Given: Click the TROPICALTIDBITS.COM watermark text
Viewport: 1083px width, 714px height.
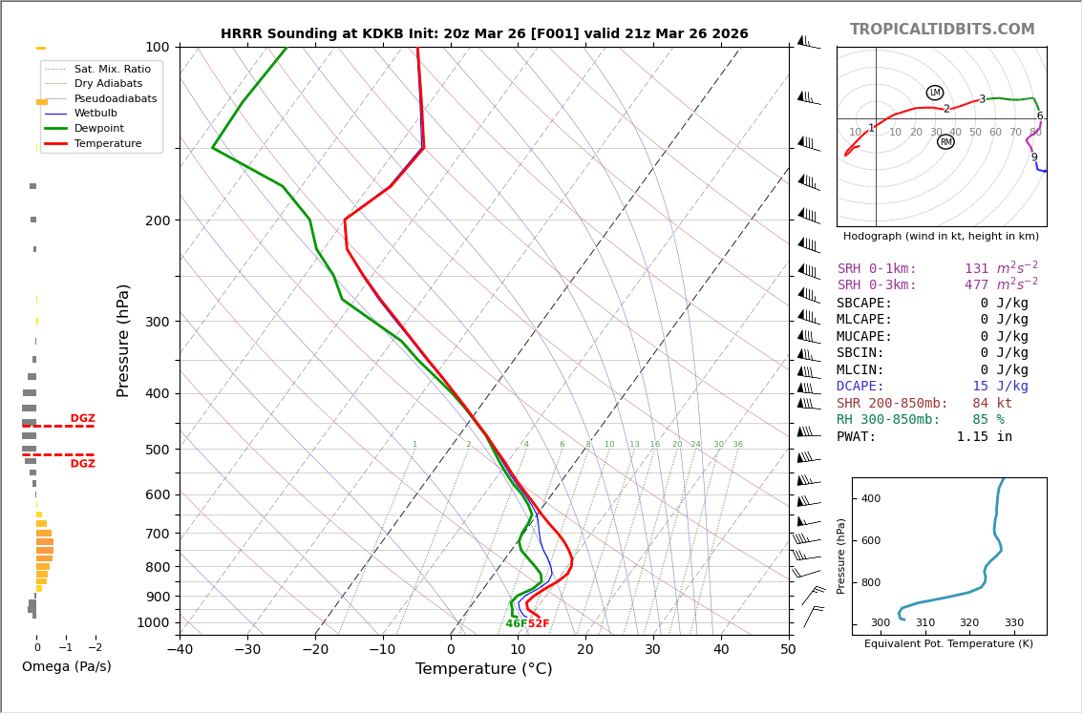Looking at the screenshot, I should point(942,30).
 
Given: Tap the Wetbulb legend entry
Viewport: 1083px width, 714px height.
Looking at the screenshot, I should point(96,114).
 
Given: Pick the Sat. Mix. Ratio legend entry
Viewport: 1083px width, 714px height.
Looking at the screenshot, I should point(112,69).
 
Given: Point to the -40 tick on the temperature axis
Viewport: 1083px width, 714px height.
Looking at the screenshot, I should point(180,650).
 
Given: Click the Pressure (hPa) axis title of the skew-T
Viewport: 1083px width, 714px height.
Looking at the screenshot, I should point(124,340).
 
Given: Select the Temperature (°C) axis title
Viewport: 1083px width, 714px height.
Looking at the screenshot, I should point(483,669).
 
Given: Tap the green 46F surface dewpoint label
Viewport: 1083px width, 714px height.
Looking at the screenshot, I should point(516,624).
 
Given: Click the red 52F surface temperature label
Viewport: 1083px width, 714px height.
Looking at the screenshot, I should point(539,624).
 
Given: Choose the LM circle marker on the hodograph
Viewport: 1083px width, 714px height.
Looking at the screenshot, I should point(935,93).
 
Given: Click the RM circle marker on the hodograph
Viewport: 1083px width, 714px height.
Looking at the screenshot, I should point(945,142).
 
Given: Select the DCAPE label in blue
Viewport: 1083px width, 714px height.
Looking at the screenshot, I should point(864,387).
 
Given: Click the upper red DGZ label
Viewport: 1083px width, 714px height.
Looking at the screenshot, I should point(82,419).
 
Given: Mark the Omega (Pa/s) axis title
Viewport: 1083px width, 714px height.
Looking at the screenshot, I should point(67,667).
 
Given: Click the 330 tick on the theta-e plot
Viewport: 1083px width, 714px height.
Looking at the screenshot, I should point(1013,623).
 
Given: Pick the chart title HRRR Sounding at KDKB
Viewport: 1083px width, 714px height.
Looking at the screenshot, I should point(484,34).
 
